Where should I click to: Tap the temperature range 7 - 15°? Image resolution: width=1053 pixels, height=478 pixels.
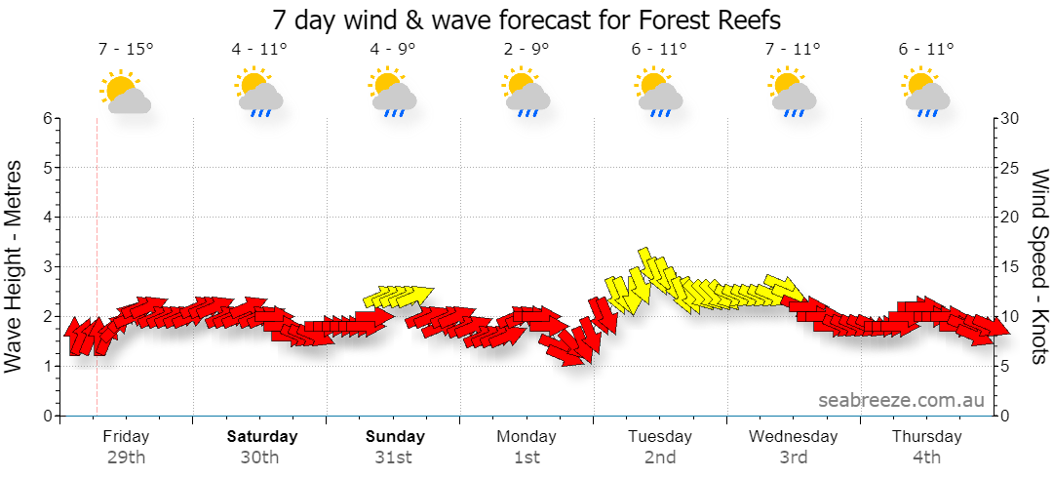[126, 49]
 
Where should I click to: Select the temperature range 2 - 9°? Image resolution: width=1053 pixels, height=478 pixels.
[526, 49]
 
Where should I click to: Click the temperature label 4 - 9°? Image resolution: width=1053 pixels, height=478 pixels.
[392, 49]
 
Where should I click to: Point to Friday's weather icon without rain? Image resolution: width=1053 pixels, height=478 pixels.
[125, 91]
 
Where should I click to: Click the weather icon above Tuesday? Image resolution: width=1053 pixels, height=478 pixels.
[659, 92]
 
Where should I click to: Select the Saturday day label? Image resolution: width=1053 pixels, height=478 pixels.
[262, 436]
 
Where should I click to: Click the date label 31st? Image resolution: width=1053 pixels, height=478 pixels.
[394, 458]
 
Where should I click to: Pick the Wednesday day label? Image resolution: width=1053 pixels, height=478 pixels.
[793, 436]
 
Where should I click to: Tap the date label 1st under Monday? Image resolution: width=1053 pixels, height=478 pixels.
[527, 458]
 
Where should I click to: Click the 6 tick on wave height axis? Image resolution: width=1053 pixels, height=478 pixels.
[48, 118]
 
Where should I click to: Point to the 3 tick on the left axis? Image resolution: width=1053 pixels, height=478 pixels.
[48, 267]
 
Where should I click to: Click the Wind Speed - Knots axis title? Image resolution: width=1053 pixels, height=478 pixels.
[1039, 267]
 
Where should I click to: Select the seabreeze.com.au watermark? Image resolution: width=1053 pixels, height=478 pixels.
[901, 400]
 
